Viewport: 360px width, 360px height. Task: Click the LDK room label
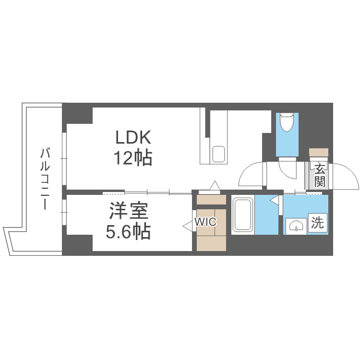point(133,138)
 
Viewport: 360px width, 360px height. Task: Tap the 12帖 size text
point(133,157)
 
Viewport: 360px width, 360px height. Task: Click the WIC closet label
point(205,222)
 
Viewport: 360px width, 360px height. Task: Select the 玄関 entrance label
point(320,176)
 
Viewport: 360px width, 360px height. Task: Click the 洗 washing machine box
point(317,223)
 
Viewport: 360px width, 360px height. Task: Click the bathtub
point(243,215)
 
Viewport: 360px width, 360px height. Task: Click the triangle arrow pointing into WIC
point(187,223)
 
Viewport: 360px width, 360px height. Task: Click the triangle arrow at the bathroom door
point(274,200)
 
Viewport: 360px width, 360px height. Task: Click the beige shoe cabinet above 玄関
point(319,152)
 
